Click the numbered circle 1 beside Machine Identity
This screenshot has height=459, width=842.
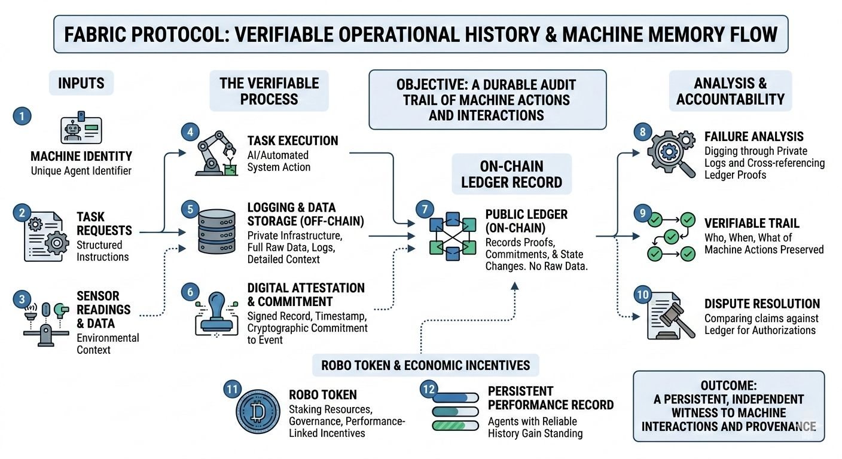[22, 116]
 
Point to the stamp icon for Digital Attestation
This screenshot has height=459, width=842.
[216, 314]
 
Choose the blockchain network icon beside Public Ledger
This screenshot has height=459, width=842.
[452, 237]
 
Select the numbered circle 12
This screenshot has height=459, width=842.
[428, 389]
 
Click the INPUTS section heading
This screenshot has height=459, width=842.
[81, 83]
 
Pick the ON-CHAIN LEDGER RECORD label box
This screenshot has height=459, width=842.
[511, 174]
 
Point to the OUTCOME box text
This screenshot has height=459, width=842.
[728, 412]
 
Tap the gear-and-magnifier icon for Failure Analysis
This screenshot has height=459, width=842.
[672, 154]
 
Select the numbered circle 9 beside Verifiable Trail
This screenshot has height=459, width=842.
[642, 213]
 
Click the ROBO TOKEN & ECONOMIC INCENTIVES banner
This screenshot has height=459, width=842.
[425, 365]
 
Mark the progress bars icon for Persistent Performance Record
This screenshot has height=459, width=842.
[456, 411]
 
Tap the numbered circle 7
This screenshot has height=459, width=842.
[424, 209]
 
